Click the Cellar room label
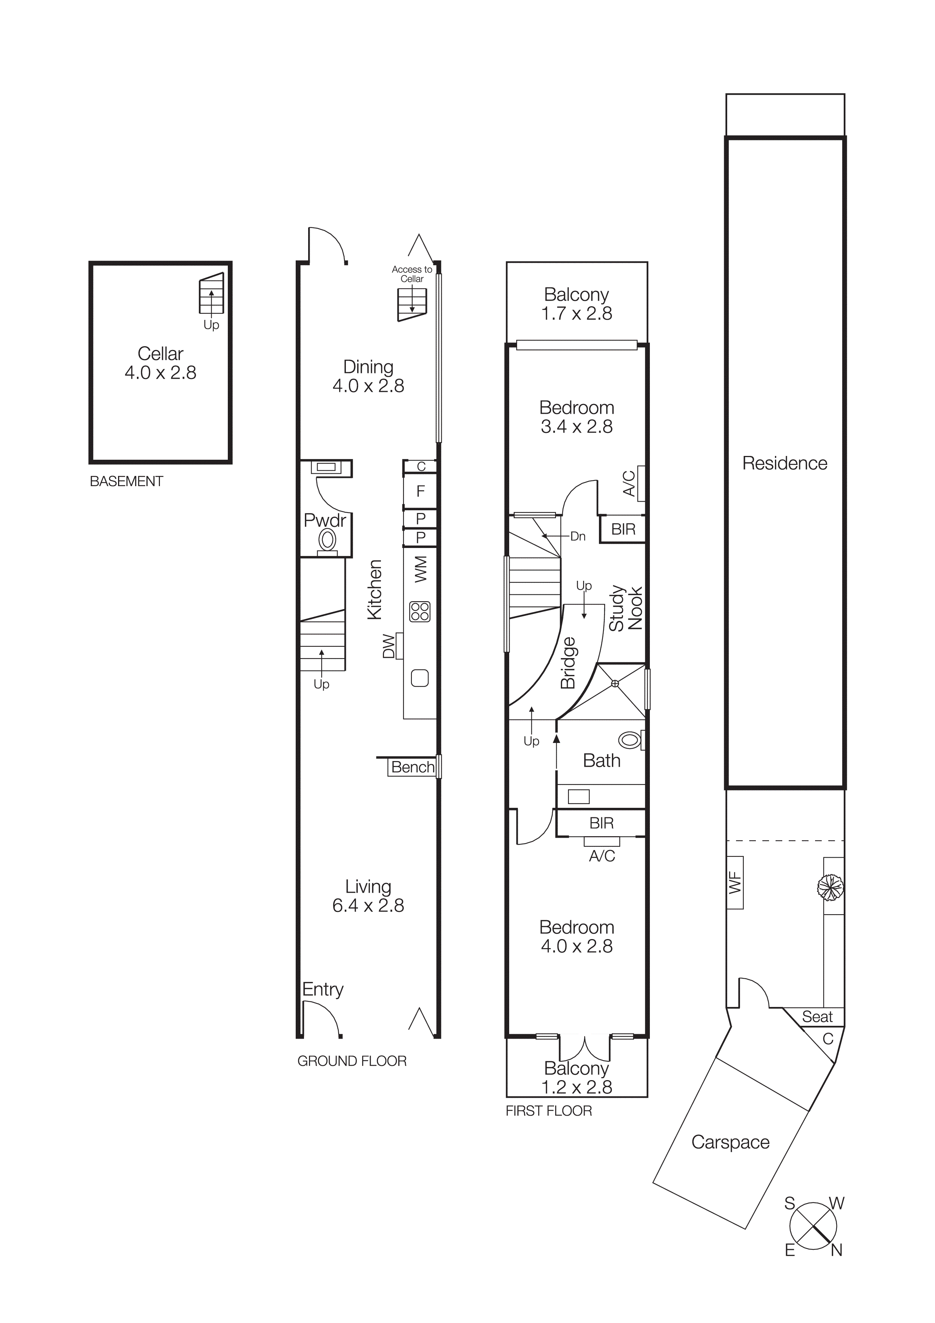coord(160,353)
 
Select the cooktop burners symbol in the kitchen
coord(420,611)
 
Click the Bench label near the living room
coord(413,767)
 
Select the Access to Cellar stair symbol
coord(412,303)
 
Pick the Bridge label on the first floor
coord(568,663)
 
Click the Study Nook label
coord(626,608)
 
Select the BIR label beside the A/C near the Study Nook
coord(623,529)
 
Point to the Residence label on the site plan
coord(784,463)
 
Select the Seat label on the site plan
coord(817,1016)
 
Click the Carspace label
coord(730,1142)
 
